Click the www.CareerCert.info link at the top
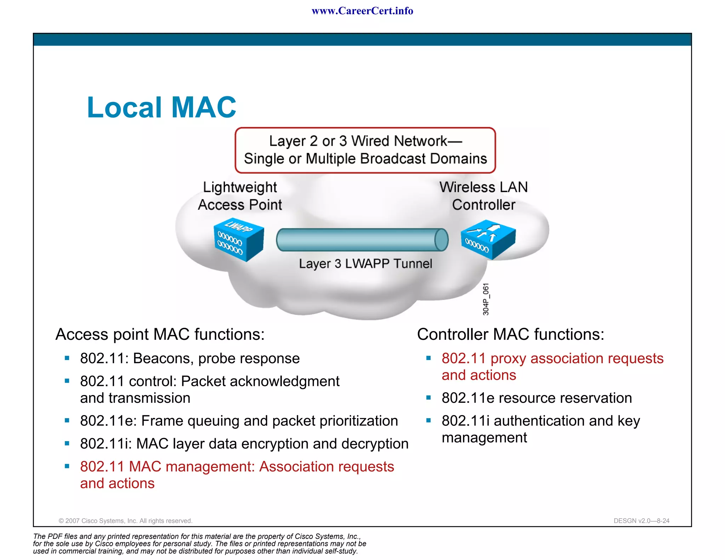tap(362, 11)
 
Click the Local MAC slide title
tap(161, 107)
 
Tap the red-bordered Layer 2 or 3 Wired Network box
tap(365, 150)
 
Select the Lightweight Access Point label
tap(240, 196)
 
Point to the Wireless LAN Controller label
tap(484, 196)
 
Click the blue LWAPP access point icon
tap(239, 239)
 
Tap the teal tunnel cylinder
tap(362, 240)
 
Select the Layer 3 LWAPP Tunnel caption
tap(365, 264)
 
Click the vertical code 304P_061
tap(486, 299)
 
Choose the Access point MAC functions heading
tap(160, 334)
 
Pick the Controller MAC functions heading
tap(510, 334)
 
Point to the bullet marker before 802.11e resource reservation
tap(428, 398)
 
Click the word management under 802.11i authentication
tap(484, 438)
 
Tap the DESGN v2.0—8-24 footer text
tap(641, 521)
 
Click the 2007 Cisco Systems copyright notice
tap(125, 521)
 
